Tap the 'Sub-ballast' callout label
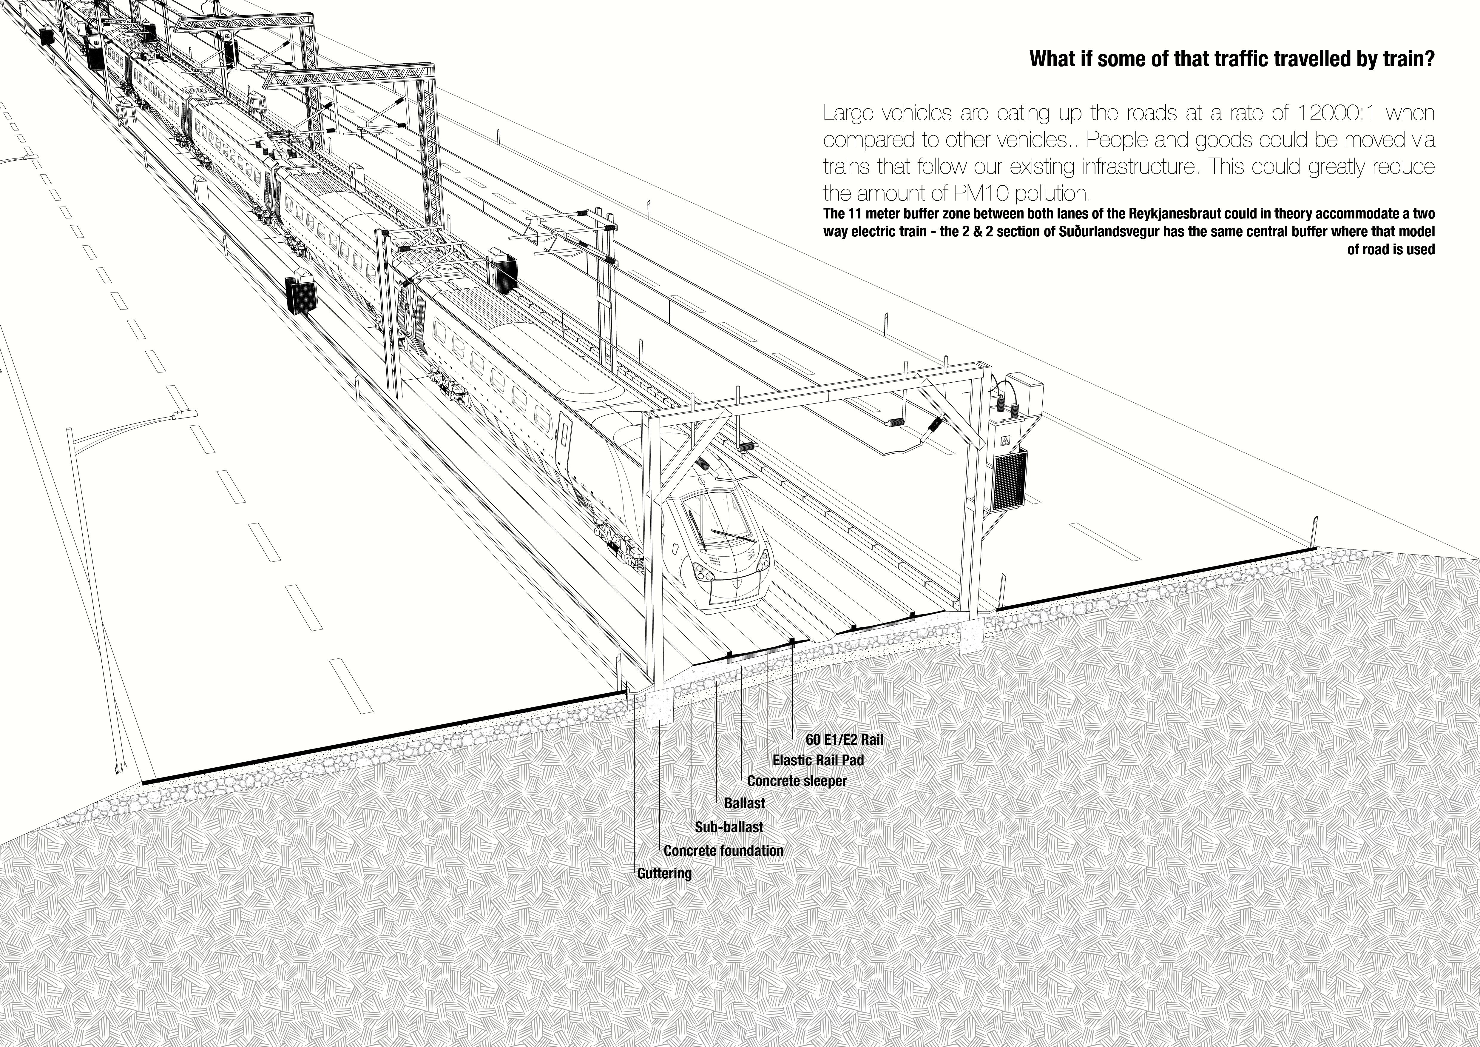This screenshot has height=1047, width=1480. tap(729, 827)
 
